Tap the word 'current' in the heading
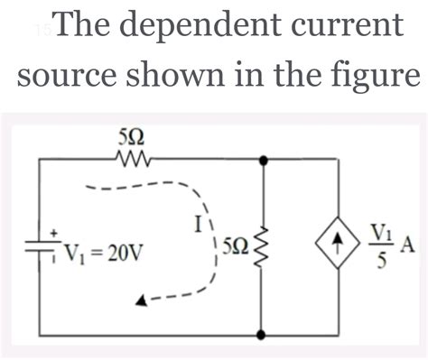344,29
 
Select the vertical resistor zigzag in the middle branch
263,244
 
